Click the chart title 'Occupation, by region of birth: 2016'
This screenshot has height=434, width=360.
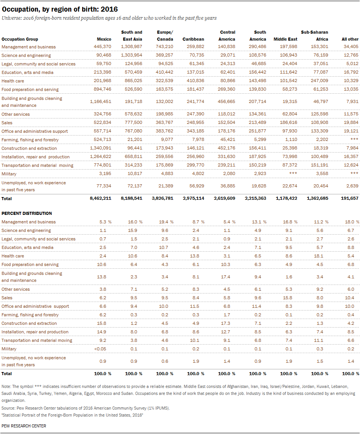pos(60,9)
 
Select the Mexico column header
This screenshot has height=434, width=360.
pos(104,39)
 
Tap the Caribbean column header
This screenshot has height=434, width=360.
pos(193,39)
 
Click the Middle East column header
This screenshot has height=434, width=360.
pos(286,39)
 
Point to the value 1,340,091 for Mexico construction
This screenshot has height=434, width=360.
pos(100,148)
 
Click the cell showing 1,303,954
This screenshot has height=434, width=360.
pos(131,55)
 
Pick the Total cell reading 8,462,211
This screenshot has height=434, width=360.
pos(100,198)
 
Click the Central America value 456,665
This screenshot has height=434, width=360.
pos(226,101)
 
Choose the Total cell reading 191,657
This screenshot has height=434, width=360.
pos(350,198)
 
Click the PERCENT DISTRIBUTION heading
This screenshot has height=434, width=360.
pos(27,213)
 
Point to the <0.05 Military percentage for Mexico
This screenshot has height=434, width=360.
pos(100,349)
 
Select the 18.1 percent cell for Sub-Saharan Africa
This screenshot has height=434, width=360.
pos(319,256)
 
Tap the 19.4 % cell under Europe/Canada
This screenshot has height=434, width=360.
pos(166,222)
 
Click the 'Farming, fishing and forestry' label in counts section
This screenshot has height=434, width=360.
pos(30,140)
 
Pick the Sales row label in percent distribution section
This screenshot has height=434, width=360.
pos(7,298)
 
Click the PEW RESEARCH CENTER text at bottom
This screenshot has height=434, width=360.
pos(24,426)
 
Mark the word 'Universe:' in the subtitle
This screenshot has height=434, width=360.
pos(12,18)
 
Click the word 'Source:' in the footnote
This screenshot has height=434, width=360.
pos(8,408)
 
